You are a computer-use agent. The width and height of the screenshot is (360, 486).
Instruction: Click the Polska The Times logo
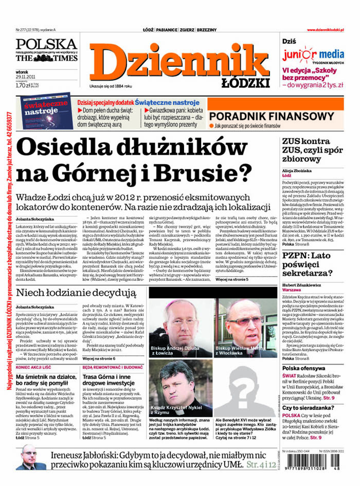[46, 50]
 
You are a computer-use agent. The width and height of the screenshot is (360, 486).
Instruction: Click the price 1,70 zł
[23, 85]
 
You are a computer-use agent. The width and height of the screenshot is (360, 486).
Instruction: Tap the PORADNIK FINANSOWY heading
[272, 117]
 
